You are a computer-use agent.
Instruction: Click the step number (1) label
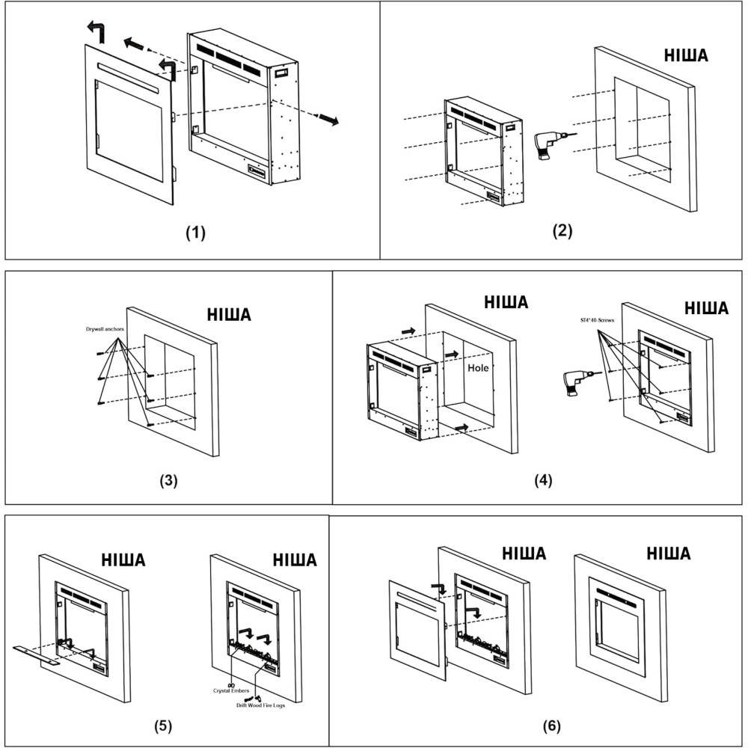click(x=195, y=233)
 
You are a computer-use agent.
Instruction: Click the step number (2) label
click(x=562, y=230)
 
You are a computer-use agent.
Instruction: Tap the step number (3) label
click(x=169, y=480)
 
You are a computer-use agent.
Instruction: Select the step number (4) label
click(x=543, y=480)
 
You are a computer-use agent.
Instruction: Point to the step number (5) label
click(x=164, y=724)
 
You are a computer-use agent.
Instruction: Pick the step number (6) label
click(x=551, y=726)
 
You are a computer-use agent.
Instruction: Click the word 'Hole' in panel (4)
click(x=478, y=369)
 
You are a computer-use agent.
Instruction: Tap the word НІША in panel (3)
click(x=228, y=315)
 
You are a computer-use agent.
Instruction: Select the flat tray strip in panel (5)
click(x=37, y=654)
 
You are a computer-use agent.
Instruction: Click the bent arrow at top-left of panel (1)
click(x=96, y=31)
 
